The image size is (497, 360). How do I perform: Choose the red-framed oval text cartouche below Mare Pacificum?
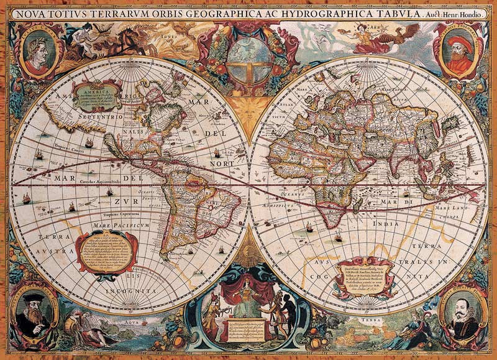(x=107, y=251)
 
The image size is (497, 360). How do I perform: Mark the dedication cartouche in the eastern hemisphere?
(x=363, y=276)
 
